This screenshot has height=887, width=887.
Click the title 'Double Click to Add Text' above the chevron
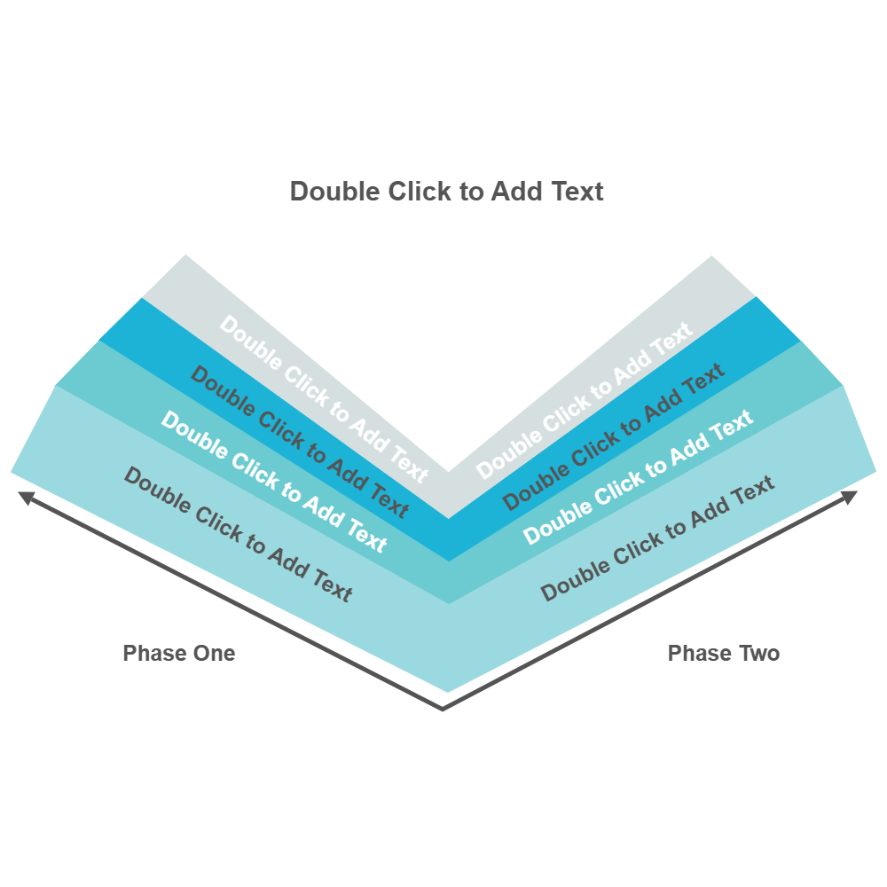click(x=447, y=192)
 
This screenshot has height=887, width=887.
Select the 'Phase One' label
click(x=179, y=654)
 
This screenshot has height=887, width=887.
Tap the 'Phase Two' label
click(x=724, y=654)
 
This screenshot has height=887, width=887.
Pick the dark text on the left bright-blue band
click(x=299, y=441)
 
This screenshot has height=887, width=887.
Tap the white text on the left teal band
click(x=273, y=481)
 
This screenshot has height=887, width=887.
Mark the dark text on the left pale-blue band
click(x=238, y=534)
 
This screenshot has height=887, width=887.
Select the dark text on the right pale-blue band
click(x=658, y=538)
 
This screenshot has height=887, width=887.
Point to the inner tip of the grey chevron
click(x=447, y=473)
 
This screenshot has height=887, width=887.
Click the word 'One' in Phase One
click(x=216, y=654)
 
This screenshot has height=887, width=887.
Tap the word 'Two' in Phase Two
click(x=759, y=654)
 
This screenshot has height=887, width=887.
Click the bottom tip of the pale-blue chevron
click(x=447, y=691)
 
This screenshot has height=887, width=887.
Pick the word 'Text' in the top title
click(x=577, y=192)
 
